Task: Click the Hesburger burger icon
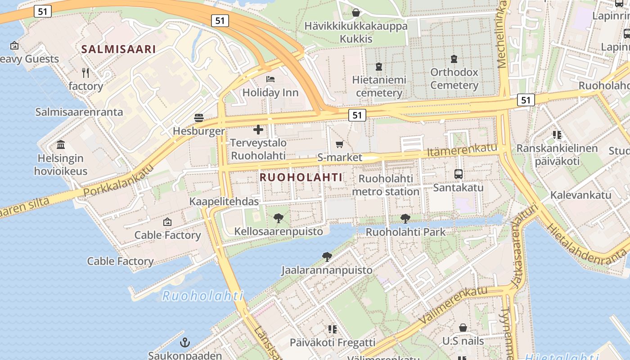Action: point(199,118)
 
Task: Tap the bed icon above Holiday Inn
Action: point(270,79)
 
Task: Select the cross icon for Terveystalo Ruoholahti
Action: point(258,130)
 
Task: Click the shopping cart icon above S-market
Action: point(339,144)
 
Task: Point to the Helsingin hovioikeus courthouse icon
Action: point(61,145)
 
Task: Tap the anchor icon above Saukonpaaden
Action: point(184,342)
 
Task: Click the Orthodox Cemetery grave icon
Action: point(454,58)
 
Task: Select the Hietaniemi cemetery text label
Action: point(379,86)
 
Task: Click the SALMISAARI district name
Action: point(118,49)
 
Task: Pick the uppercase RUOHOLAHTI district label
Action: point(301,177)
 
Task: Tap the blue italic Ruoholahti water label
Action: point(202,296)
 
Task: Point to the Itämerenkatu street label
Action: point(462,150)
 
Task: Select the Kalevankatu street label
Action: point(581,195)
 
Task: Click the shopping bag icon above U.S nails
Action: point(463,328)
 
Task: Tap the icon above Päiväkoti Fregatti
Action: point(333,329)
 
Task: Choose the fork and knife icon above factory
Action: point(85,72)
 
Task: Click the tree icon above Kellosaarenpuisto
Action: point(279,218)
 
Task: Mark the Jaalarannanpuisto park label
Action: point(327,270)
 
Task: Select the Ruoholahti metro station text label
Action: point(386,185)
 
